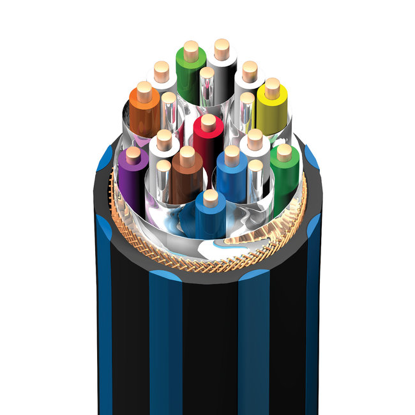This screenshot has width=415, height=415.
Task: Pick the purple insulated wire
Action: pyautogui.click(x=131, y=179)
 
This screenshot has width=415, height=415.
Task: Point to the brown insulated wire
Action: pyautogui.click(x=186, y=182)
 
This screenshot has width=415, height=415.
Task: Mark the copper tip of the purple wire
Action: pyautogui.click(x=133, y=154)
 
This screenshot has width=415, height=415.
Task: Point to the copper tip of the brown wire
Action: pyautogui.click(x=187, y=155)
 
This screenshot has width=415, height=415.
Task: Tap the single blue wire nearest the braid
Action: pyautogui.click(x=210, y=217)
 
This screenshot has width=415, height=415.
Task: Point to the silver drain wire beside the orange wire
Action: pyautogui.click(x=169, y=115)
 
